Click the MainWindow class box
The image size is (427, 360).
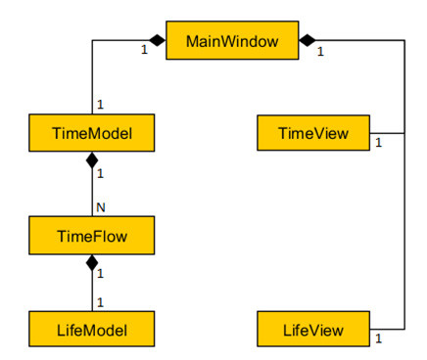click(231, 41)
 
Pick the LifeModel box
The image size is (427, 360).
click(92, 328)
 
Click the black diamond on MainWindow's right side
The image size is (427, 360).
click(308, 41)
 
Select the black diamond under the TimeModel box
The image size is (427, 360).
click(92, 159)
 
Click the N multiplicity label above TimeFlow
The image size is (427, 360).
click(100, 207)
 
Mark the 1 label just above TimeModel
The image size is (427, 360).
click(100, 105)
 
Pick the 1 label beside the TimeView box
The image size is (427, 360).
click(379, 145)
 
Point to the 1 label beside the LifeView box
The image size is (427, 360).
click(379, 339)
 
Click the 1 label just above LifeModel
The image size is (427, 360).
click(100, 301)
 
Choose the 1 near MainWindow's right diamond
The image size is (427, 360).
click(320, 52)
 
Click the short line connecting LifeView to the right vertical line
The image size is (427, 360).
click(387, 328)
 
